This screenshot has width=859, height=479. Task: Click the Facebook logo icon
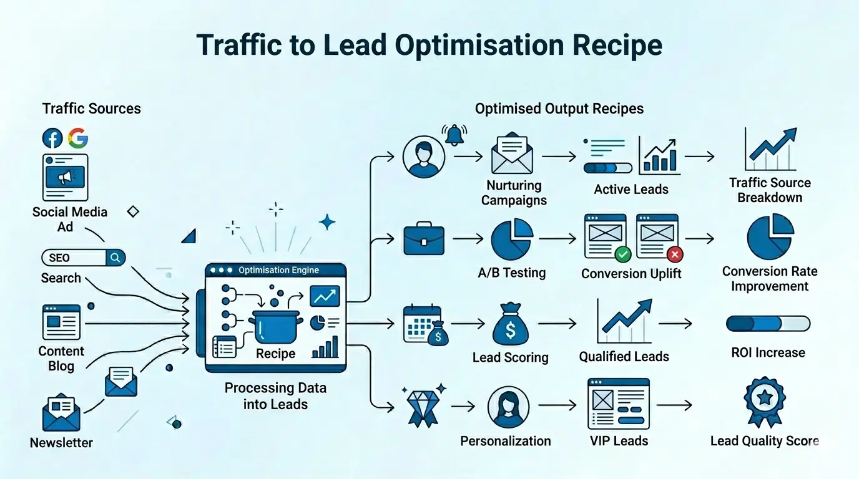[x=52, y=138]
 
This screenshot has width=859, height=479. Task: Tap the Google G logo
[x=77, y=138]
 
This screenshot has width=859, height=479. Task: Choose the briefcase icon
[x=424, y=239]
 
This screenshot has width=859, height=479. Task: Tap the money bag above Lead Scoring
[x=511, y=325]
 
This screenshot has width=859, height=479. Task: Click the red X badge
[x=675, y=254]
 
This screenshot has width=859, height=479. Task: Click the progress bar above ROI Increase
[x=768, y=324]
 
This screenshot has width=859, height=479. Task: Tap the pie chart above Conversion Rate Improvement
[x=770, y=237]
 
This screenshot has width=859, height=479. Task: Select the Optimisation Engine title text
[x=278, y=271]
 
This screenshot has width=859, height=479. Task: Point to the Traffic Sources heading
[x=91, y=109]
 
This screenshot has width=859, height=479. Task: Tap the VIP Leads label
[x=619, y=441]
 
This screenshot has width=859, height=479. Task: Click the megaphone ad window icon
[x=65, y=177]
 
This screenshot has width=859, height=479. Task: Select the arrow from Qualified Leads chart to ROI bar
[x=675, y=324]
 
